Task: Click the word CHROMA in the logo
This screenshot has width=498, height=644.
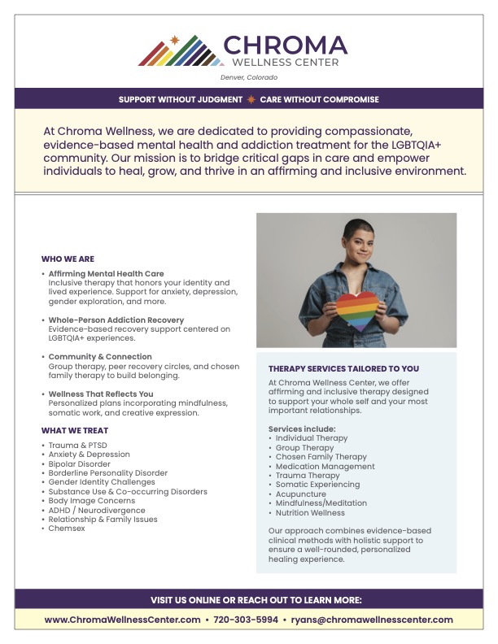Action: click(x=285, y=46)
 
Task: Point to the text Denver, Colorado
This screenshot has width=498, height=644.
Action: click(x=249, y=77)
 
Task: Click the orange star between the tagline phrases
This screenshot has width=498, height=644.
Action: click(x=251, y=99)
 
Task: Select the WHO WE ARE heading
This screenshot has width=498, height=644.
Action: click(x=68, y=259)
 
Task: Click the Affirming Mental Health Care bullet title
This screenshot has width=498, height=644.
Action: click(x=106, y=274)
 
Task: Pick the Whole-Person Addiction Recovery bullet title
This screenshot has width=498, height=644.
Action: click(x=116, y=320)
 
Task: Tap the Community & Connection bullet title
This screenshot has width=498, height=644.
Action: click(x=100, y=357)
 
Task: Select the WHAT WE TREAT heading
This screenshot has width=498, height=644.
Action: click(x=75, y=430)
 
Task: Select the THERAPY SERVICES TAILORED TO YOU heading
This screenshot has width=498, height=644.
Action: click(x=344, y=368)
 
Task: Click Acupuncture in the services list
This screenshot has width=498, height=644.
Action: click(x=300, y=494)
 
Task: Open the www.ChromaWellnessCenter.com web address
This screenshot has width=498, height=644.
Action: click(x=122, y=620)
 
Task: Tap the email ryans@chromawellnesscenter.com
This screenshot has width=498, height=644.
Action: click(x=372, y=620)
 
